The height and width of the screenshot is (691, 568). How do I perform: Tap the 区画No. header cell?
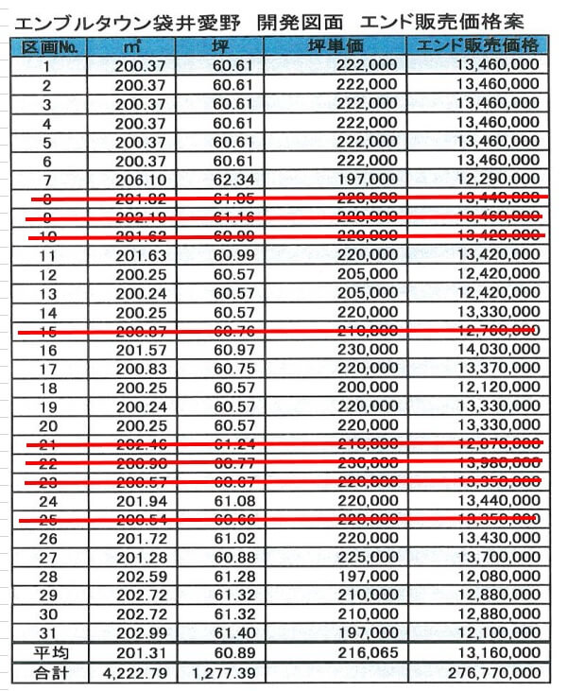pos(47,46)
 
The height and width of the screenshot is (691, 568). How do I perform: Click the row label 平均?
pos(47,652)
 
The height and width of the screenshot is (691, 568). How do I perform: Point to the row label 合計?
pos(47,672)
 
